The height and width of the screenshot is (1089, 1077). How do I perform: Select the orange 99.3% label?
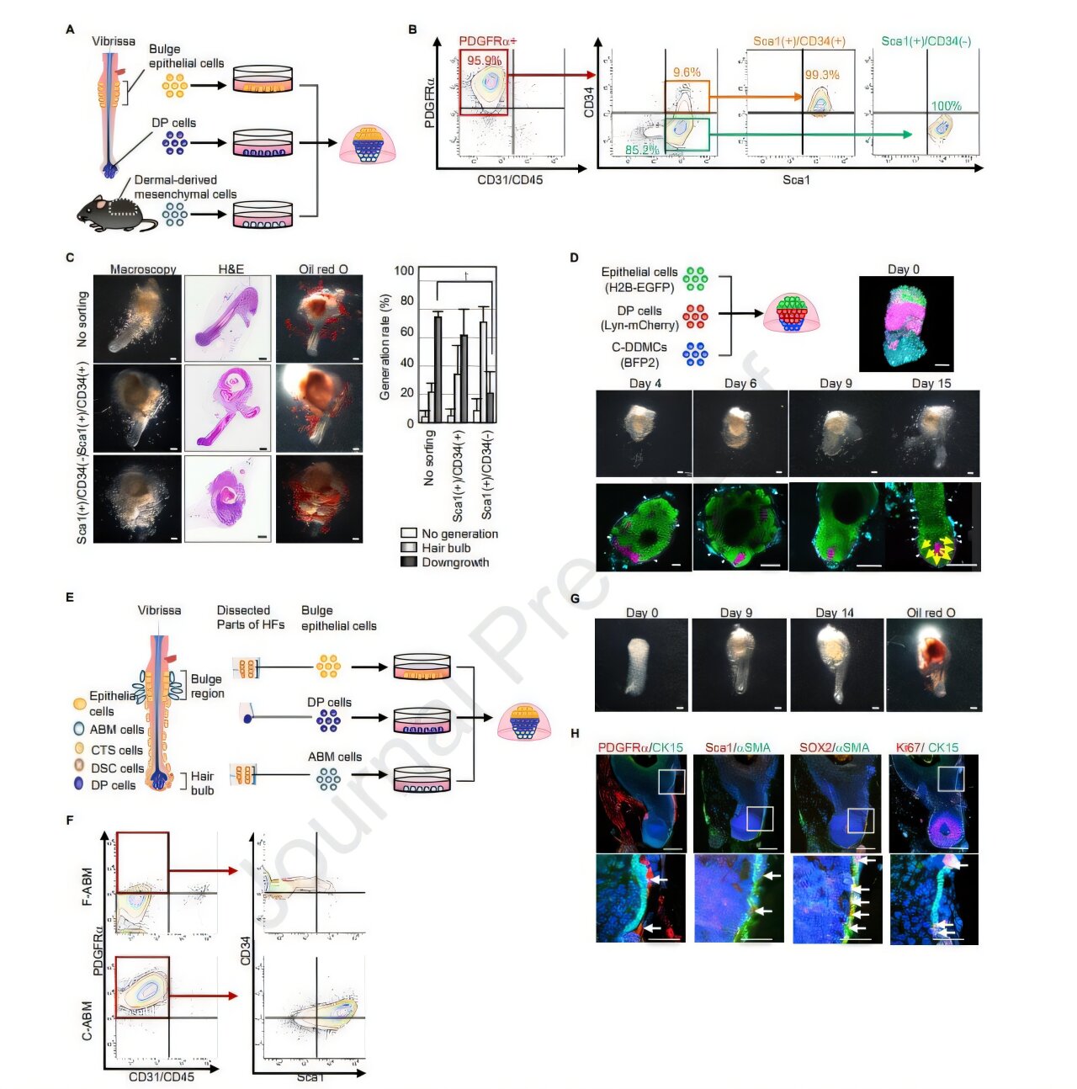coord(821,75)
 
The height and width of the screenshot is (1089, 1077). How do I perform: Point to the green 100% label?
coord(946,106)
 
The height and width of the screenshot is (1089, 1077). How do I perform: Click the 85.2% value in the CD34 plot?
coord(642,150)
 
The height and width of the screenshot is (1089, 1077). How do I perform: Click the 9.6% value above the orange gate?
coord(687,72)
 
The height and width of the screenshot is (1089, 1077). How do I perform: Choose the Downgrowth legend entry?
coord(454,562)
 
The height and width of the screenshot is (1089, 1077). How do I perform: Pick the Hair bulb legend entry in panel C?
coord(446,548)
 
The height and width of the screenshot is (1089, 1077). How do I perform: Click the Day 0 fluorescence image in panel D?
coord(906,324)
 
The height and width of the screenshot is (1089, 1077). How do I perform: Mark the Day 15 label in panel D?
coord(931,384)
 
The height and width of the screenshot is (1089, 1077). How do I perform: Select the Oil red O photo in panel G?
coord(934,665)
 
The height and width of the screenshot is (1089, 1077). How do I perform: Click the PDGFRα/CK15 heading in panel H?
coord(640,747)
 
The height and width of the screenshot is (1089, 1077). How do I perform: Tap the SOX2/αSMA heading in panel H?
coord(834,747)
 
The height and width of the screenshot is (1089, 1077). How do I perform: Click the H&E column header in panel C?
coord(231,269)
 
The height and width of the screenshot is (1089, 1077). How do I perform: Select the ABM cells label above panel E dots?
coord(335,757)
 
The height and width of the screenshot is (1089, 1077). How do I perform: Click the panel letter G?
coord(575,599)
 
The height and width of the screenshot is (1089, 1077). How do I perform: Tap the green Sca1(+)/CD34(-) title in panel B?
coord(926,41)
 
